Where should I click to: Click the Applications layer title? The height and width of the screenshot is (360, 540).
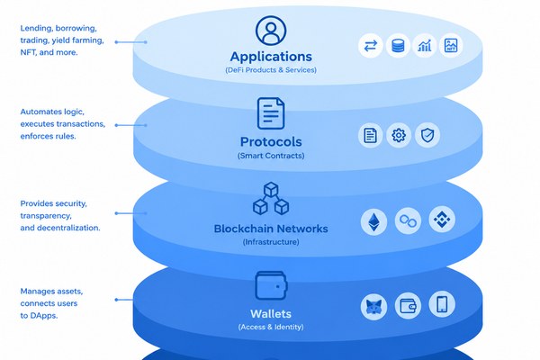click(271, 57)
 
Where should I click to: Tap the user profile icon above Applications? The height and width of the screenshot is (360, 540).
click(271, 31)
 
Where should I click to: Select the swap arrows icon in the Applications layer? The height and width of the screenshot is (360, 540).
click(371, 46)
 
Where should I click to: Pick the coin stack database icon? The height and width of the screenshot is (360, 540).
click(398, 46)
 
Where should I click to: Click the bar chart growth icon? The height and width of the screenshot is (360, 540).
click(425, 46)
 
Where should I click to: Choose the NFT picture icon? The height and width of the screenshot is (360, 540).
click(451, 46)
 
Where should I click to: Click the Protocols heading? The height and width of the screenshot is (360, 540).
click(271, 141)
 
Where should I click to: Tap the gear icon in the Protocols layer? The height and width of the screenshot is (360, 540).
click(399, 135)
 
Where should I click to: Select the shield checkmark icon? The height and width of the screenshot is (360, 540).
click(427, 135)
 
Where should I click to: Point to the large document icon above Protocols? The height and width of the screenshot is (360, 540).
click(271, 113)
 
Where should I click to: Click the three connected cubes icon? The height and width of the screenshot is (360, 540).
click(271, 198)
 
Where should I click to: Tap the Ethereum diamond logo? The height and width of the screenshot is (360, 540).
click(373, 222)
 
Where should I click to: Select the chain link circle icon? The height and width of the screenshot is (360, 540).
click(408, 220)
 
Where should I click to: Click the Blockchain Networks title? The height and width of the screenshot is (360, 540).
click(271, 229)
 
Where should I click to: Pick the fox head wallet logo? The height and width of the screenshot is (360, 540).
click(373, 307)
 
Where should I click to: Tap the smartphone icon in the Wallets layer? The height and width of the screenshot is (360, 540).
click(442, 304)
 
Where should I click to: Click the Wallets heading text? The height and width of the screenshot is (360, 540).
click(271, 314)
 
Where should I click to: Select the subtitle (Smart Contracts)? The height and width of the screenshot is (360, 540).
click(271, 156)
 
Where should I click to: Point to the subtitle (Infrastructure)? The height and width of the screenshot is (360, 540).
click(271, 242)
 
